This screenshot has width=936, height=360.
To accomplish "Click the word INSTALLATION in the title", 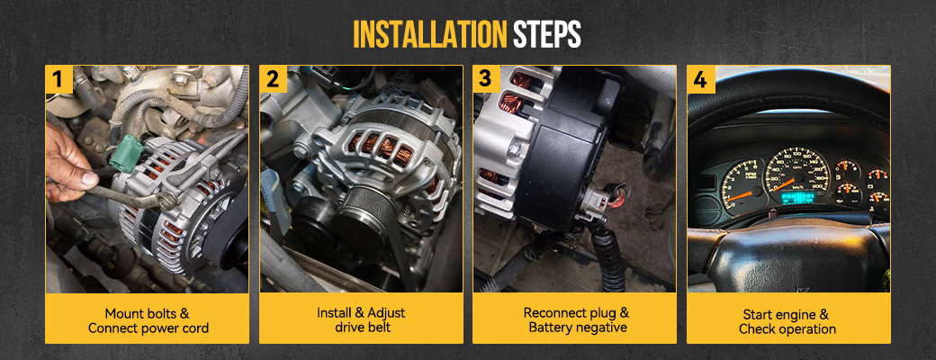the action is [x=429, y=34].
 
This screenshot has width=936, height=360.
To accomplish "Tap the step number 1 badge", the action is [x=59, y=79].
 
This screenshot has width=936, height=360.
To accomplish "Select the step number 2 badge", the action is [x=273, y=79].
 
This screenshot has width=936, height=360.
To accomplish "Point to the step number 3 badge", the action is [x=487, y=79].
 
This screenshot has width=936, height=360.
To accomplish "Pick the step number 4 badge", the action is [x=700, y=79].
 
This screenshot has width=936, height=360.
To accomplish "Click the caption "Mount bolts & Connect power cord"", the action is [x=147, y=320].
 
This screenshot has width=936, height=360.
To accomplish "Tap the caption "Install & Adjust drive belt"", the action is [x=361, y=320].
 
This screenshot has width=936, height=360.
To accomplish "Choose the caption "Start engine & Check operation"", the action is [x=787, y=322].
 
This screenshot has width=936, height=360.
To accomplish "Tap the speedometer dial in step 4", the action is [x=796, y=173].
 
